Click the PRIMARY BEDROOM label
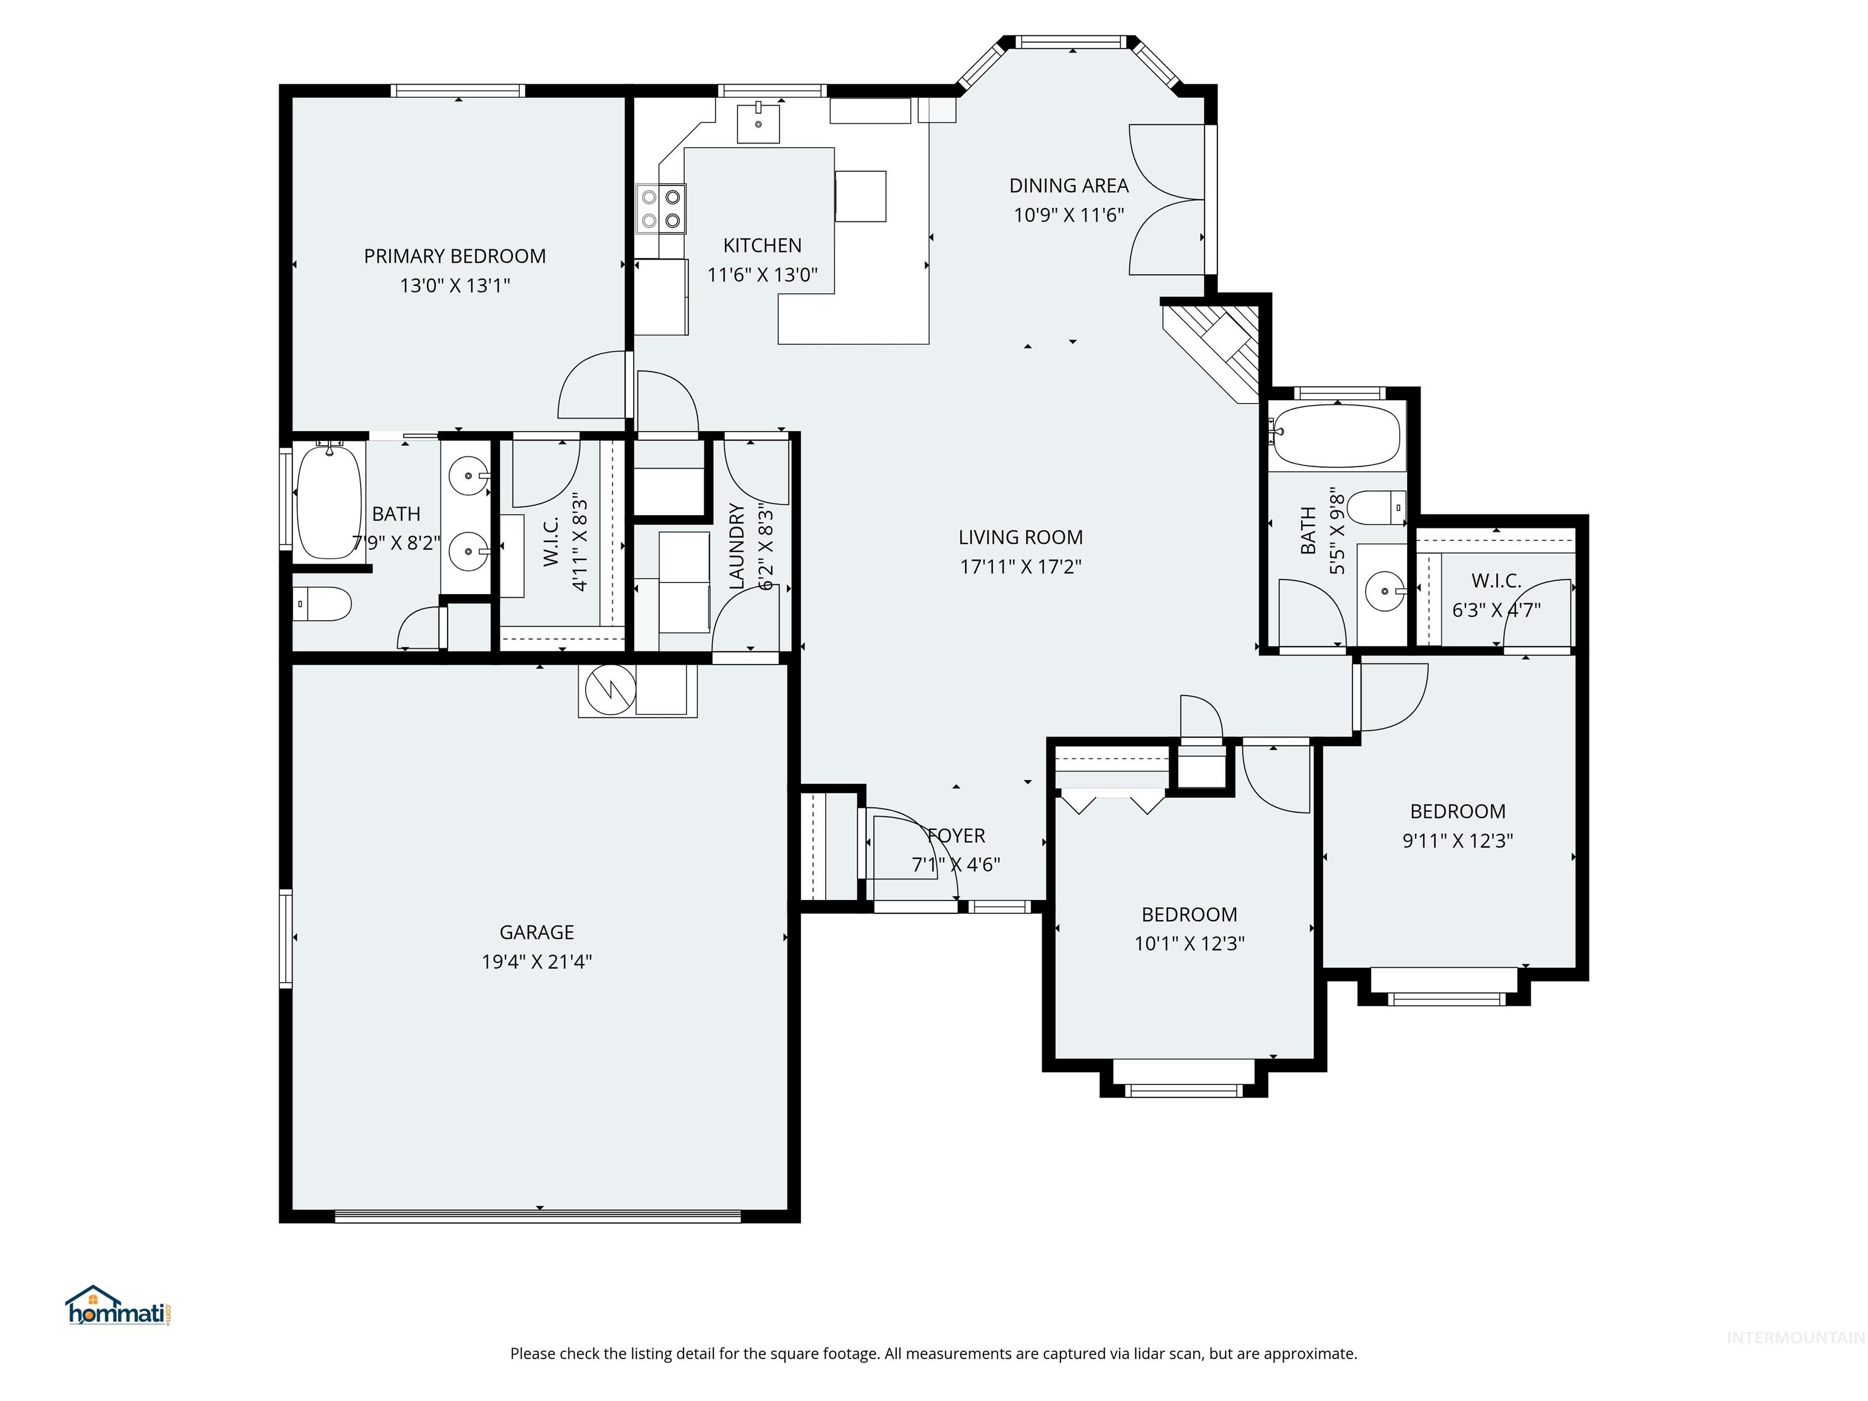point(454,256)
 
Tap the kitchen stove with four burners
point(660,209)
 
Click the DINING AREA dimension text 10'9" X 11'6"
point(1068,215)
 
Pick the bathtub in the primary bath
point(328,502)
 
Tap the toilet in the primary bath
point(323,604)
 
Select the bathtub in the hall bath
point(1336,436)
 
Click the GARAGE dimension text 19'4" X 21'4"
point(536,961)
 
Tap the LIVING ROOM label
point(1020,537)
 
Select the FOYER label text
point(956,835)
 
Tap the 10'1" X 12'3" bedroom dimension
point(1189,943)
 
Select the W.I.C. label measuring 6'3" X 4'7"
point(1496,581)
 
